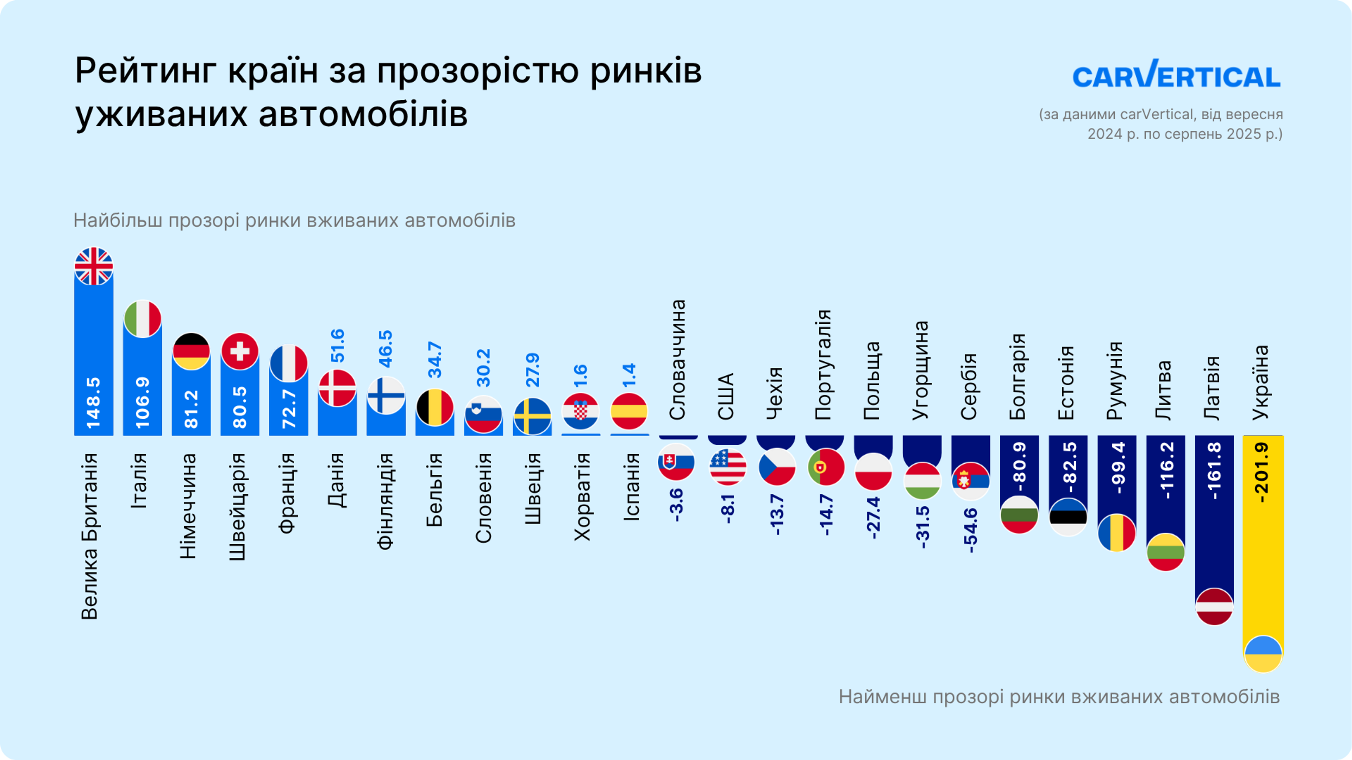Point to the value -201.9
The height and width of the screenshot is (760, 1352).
tap(1263, 472)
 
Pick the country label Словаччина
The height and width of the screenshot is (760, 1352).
tap(677, 360)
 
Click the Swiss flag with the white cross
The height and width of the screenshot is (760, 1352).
tap(240, 351)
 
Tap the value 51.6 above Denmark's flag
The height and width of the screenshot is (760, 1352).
tap(338, 345)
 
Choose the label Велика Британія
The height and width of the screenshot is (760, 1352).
tap(90, 536)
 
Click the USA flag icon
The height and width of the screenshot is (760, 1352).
tap(727, 466)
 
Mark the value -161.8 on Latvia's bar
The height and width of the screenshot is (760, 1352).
tap(1214, 470)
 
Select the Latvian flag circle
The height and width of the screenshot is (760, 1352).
tap(1214, 606)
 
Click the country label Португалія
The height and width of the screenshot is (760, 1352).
tap(823, 365)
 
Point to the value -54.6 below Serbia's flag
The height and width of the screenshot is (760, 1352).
tap(970, 530)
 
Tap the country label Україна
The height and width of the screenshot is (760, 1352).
tap(1260, 382)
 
